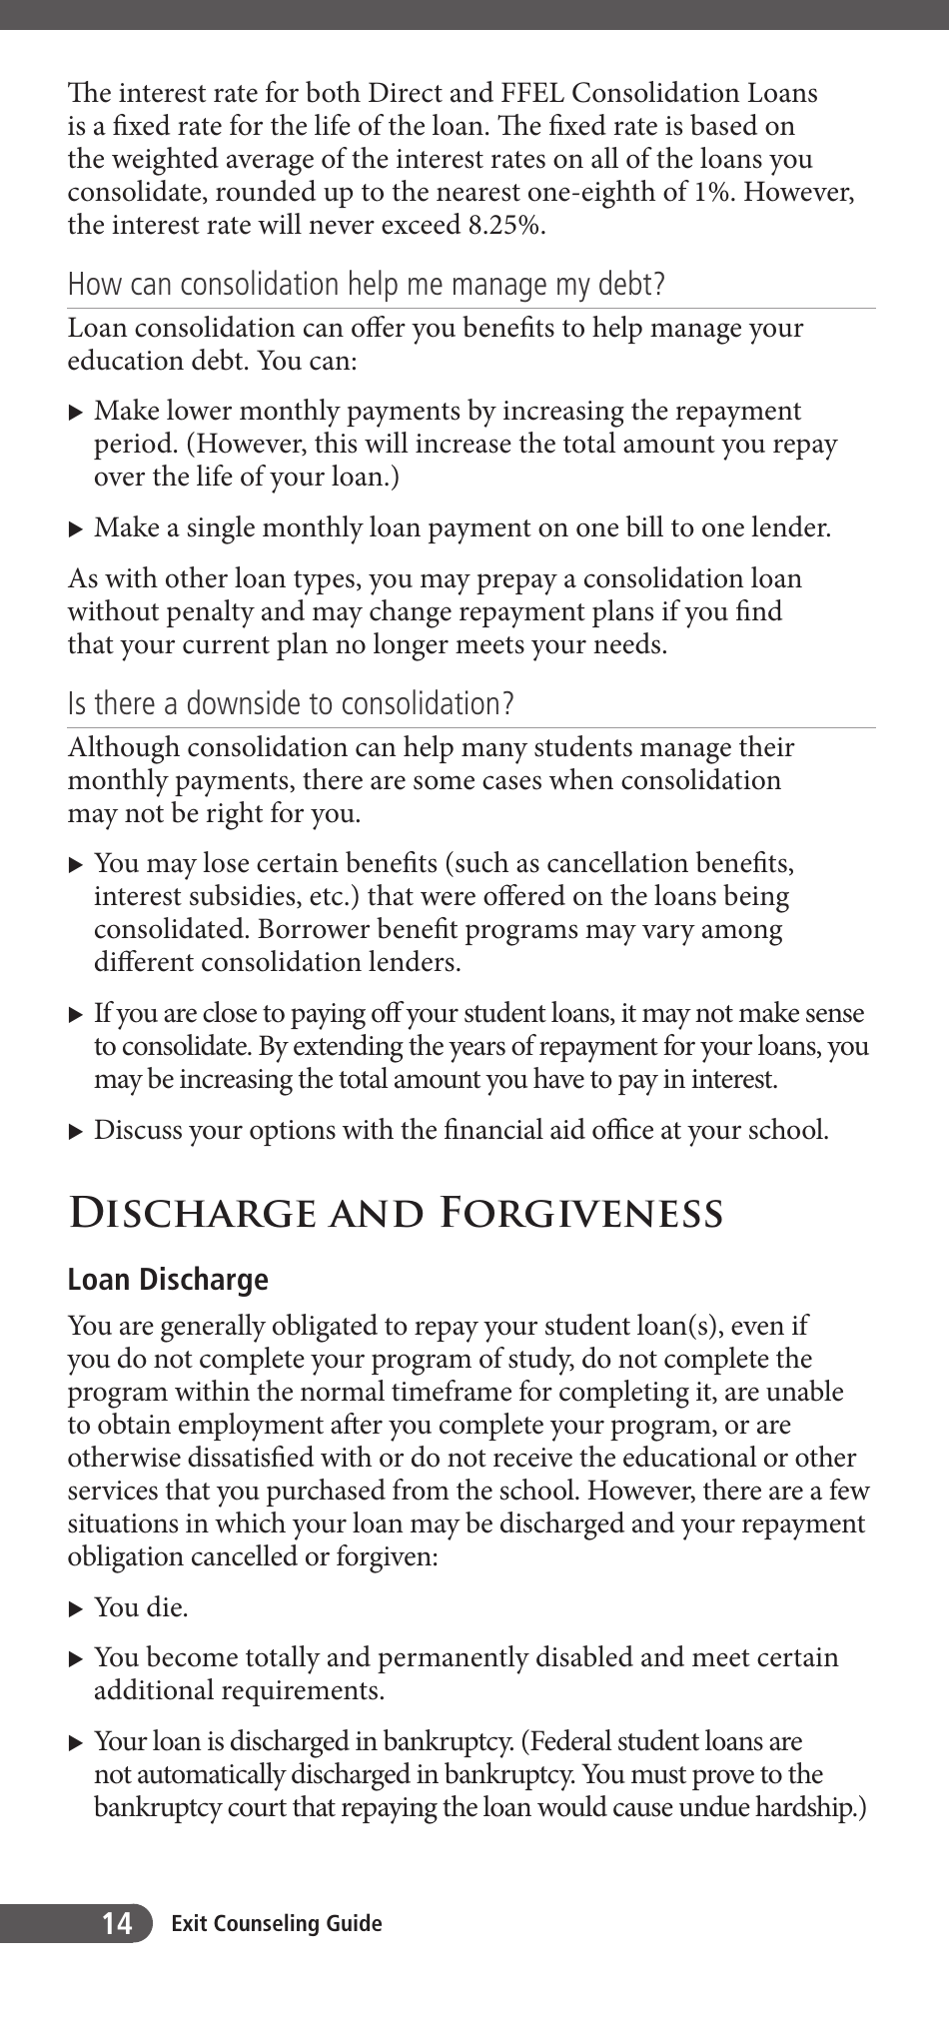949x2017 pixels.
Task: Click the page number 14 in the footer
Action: [x=116, y=1923]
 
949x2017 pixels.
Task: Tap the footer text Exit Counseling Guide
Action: [x=276, y=1923]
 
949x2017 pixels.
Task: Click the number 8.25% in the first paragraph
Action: [x=505, y=225]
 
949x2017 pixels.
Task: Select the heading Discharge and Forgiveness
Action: [x=395, y=1213]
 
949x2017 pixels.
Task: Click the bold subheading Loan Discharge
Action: [x=168, y=1280]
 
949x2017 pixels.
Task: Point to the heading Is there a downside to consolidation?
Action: [x=290, y=704]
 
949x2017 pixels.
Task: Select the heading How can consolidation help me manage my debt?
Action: [x=366, y=285]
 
